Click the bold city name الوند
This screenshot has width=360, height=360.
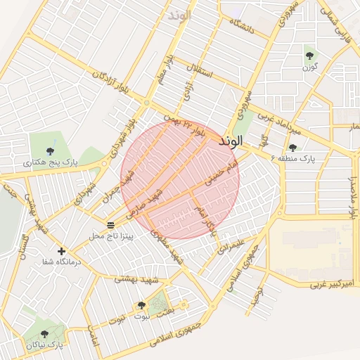click(x=231, y=141)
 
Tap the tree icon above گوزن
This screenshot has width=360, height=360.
click(x=309, y=56)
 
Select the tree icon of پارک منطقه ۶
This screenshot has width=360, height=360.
click(x=292, y=147)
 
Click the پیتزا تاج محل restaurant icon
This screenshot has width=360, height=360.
click(x=110, y=224)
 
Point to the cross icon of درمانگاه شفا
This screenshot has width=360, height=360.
click(x=61, y=251)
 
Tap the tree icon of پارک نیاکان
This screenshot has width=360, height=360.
click(x=45, y=335)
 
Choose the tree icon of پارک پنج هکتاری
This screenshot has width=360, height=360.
click(x=49, y=151)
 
